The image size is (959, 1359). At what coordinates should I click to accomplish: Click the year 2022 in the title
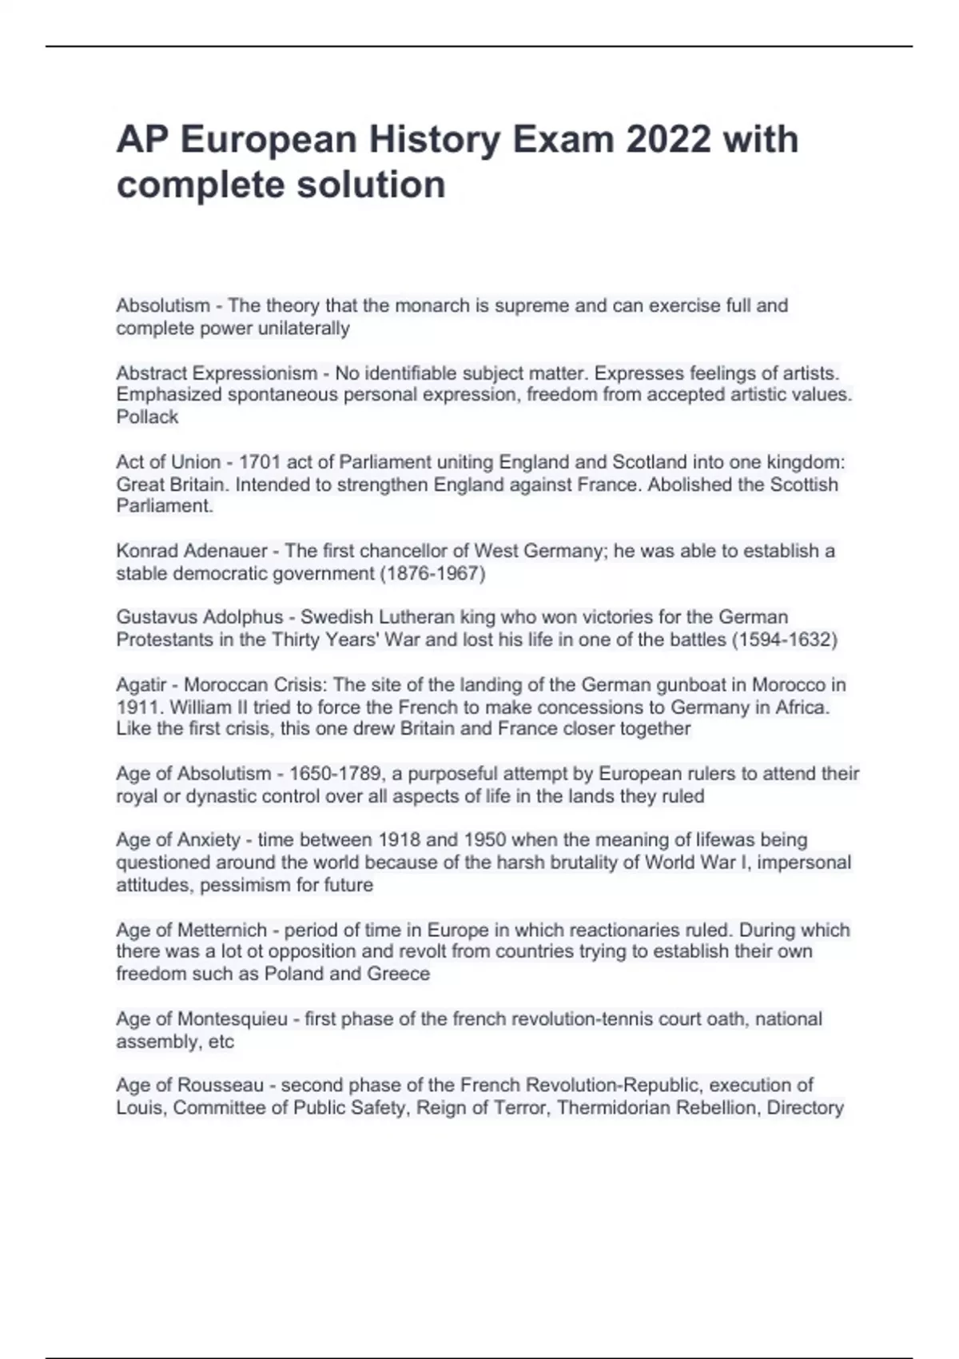pos(668,139)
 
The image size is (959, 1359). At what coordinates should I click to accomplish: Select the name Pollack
pos(147,416)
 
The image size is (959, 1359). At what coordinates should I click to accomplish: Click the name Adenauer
pos(225,551)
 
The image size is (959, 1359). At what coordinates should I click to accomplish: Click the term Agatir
pos(141,685)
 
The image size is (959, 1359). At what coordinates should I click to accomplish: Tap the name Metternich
pos(221,931)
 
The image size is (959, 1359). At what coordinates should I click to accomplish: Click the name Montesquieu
pos(232,1019)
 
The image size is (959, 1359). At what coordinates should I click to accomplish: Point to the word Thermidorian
pos(615,1108)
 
